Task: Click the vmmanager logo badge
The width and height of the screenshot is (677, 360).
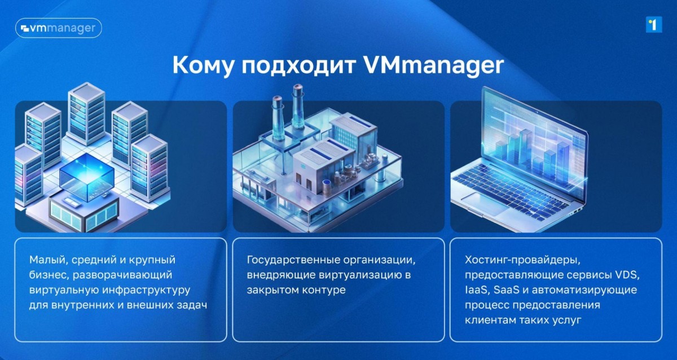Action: [x=59, y=28]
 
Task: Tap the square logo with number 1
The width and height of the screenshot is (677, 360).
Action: [x=654, y=24]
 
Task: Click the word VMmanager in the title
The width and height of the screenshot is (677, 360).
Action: [x=433, y=65]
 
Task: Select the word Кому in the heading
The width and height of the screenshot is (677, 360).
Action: [x=203, y=65]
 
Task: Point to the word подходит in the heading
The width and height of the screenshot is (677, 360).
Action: [x=298, y=65]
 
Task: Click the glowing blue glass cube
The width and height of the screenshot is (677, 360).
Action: [x=87, y=176]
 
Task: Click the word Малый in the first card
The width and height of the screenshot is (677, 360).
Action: [x=48, y=260]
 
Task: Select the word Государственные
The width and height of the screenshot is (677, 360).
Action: [x=292, y=260]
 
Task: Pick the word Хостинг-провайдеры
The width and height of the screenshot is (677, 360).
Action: [x=522, y=260]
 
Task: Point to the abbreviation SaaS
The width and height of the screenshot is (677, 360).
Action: [x=506, y=290]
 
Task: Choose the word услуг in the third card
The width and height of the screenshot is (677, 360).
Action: [x=567, y=321]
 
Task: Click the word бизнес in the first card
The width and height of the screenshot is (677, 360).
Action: [x=49, y=275]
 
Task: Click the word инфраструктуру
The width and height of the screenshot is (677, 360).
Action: [x=146, y=290]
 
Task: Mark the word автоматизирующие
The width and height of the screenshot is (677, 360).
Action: [x=584, y=290]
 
